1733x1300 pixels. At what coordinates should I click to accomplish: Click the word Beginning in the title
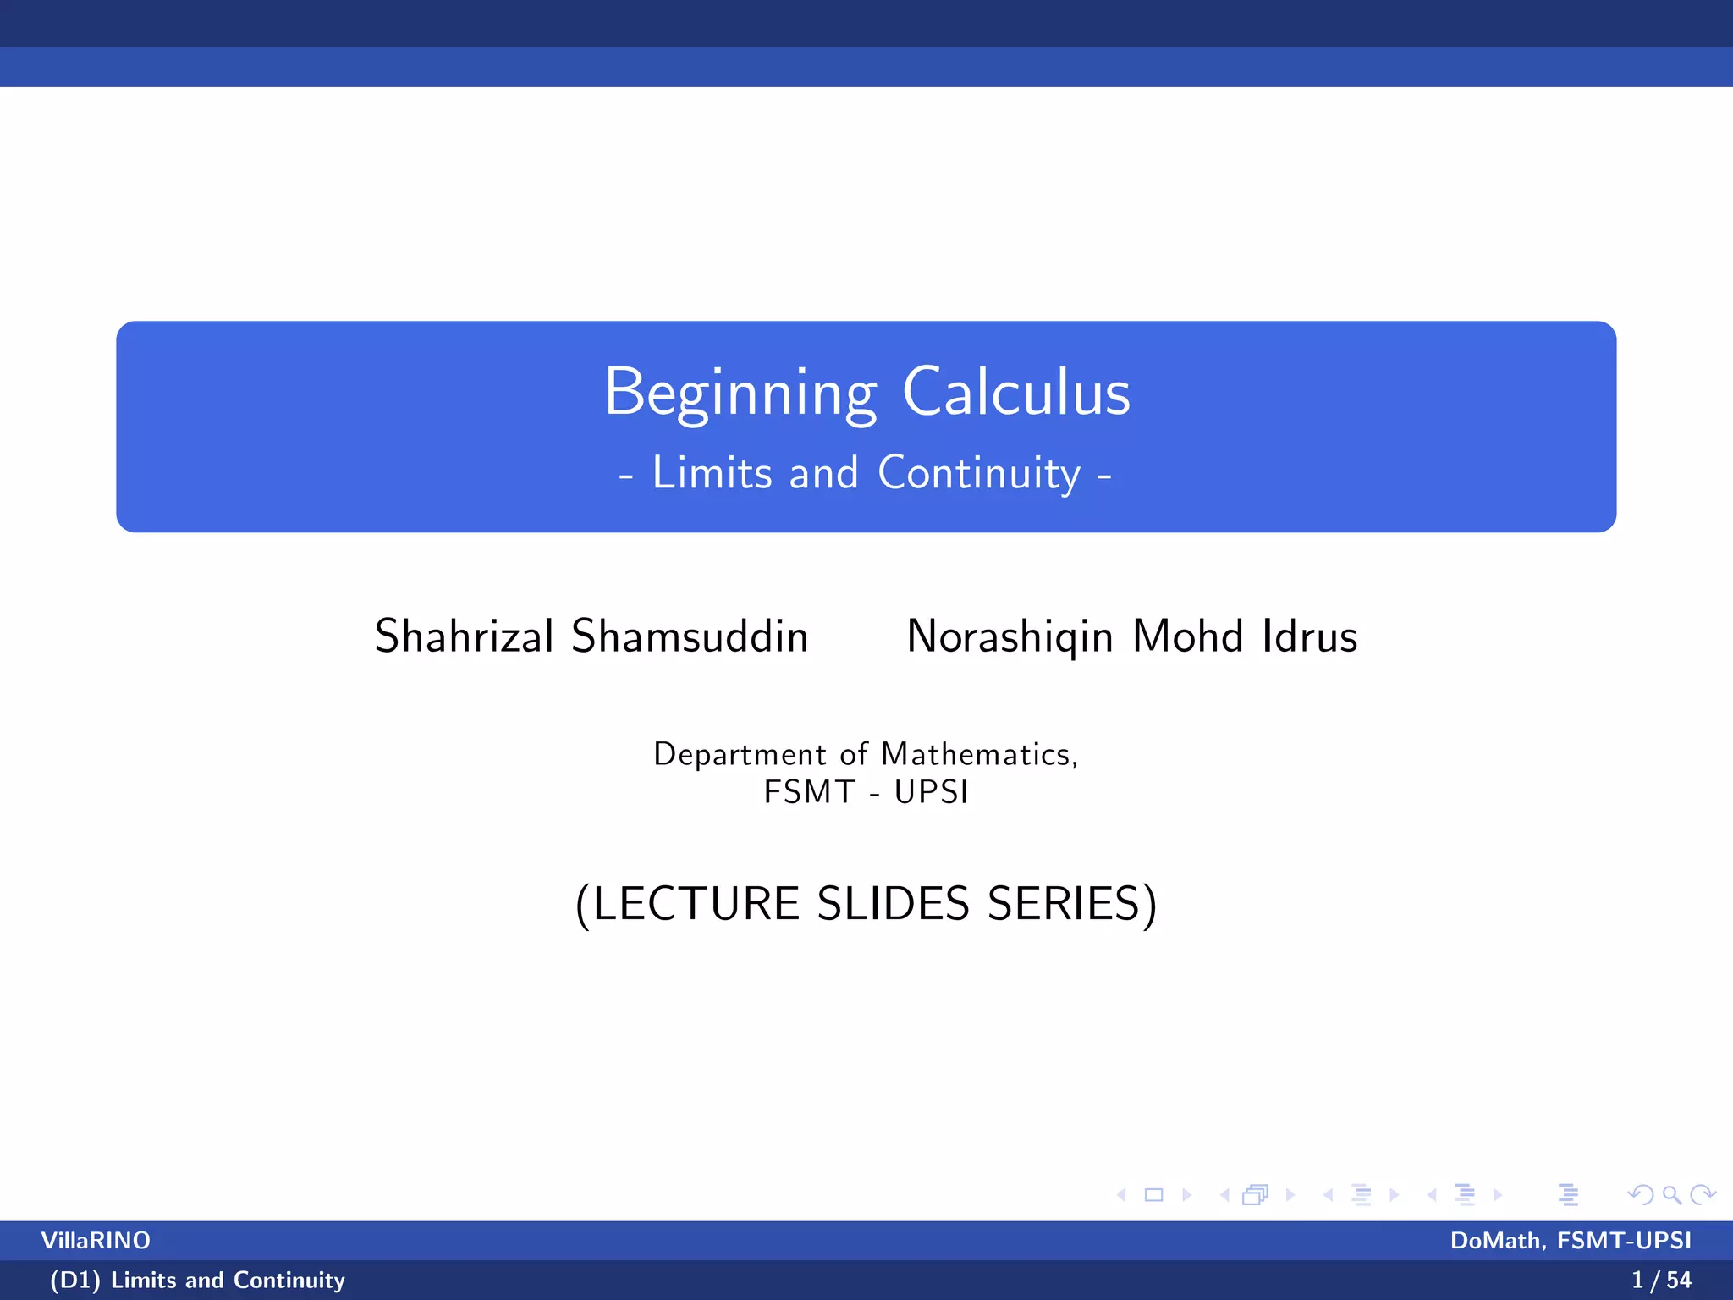pos(740,394)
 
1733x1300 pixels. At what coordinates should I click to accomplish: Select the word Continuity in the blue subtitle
pos(979,473)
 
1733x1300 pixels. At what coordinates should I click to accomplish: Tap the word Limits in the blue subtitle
pos(712,473)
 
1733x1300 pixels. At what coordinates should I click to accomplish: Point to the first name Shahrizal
pos(464,636)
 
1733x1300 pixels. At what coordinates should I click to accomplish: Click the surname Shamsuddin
pos(690,636)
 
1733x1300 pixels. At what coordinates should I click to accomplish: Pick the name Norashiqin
pos(1010,636)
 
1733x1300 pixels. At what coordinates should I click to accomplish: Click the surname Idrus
pos(1309,636)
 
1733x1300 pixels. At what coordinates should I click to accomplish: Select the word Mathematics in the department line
pos(979,754)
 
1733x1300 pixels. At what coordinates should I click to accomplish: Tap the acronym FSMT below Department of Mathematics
pos(809,792)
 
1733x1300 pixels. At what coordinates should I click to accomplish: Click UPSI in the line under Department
pos(931,792)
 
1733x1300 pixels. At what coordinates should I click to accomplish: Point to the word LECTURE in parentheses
pos(696,904)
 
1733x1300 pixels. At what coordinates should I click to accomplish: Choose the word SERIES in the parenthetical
pos(1064,904)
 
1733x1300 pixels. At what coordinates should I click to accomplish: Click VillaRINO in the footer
pos(96,1241)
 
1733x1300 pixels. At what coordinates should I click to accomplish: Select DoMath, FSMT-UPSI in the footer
pos(1571,1241)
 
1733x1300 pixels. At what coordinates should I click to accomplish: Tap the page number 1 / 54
pos(1661,1280)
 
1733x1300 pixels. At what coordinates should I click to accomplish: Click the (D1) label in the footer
pos(74,1280)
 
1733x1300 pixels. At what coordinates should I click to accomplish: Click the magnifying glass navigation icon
pos(1671,1195)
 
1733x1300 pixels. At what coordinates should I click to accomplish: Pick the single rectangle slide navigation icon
pos(1153,1195)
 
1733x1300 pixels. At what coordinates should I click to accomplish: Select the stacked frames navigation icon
pos(1255,1195)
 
